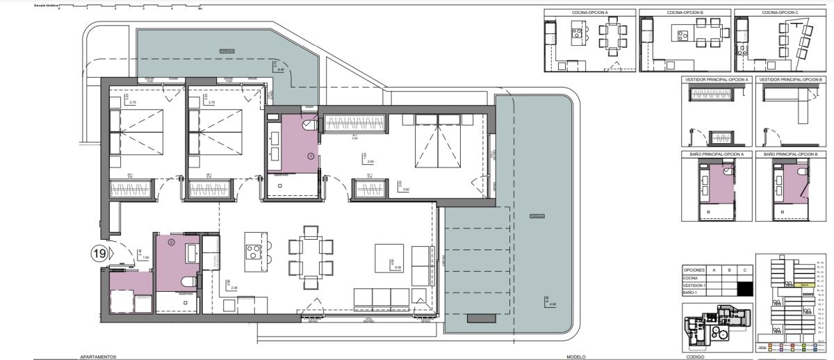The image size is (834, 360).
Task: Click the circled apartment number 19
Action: click(x=99, y=254)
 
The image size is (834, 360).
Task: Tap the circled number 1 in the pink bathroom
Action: click(x=310, y=157)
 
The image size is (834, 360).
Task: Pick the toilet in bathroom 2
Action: click(x=188, y=281)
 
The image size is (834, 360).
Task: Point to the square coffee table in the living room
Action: click(x=389, y=258)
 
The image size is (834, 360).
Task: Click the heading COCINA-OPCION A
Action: click(x=589, y=13)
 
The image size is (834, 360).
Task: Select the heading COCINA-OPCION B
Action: click(x=685, y=13)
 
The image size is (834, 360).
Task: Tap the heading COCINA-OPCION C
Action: click(x=779, y=13)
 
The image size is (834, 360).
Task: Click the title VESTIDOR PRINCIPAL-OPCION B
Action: click(x=792, y=80)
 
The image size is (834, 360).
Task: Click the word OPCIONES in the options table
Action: click(x=695, y=269)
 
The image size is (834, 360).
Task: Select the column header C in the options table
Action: click(x=744, y=269)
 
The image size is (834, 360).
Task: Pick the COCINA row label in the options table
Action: click(x=691, y=277)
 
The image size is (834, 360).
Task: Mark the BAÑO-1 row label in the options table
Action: click(x=691, y=293)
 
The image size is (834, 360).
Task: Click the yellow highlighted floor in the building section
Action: click(x=804, y=285)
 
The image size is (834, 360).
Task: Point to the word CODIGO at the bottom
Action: click(x=695, y=357)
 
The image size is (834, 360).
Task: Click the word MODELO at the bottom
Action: click(x=576, y=357)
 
